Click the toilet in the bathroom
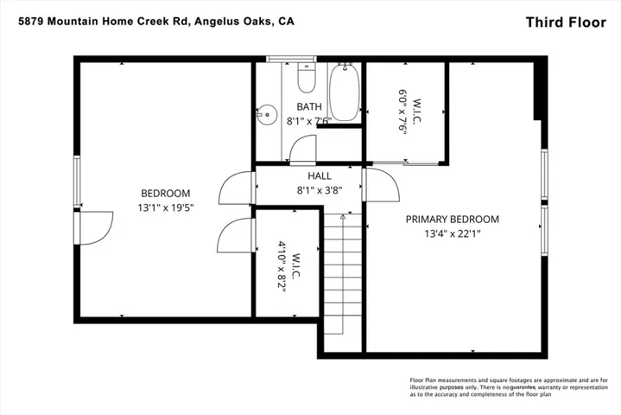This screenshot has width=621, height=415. coord(306,78)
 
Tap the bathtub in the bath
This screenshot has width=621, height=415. coord(344,92)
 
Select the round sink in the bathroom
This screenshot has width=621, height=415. coord(266,115)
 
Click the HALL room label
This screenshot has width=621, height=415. coord(320,176)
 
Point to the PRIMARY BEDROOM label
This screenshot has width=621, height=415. coord(453,220)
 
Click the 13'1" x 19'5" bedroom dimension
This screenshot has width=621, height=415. coord(166,207)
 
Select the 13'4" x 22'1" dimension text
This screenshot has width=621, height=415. coord(453,233)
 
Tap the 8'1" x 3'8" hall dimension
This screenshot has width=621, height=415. coord(320,190)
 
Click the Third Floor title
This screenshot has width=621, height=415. coord(566,22)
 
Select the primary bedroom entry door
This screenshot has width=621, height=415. coord(381,185)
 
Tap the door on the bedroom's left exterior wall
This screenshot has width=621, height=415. coord(93,228)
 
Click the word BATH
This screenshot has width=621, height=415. coord(309,106)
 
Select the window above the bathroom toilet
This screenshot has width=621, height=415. coord(291,59)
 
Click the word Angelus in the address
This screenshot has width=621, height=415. coord(215,21)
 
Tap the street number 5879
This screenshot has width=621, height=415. coord(31,21)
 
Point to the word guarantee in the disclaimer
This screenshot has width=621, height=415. coord(523,387)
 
